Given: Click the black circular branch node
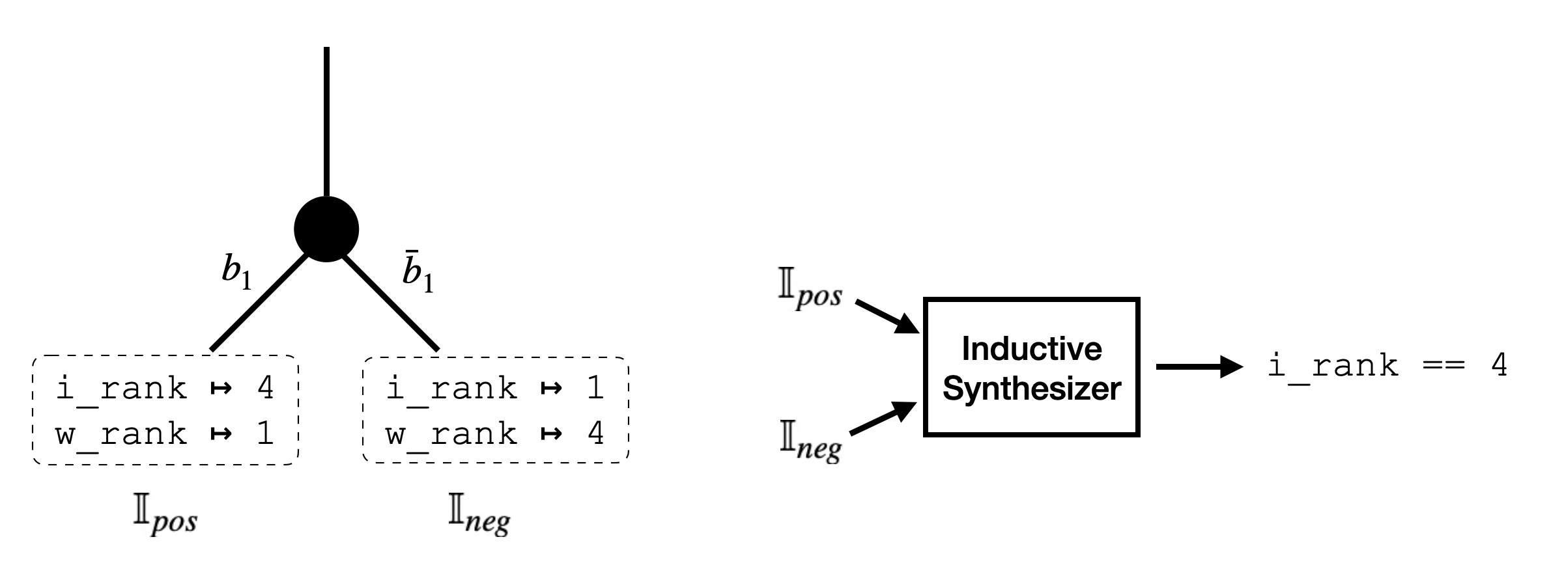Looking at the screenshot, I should [x=326, y=229].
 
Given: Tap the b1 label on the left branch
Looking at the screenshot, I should [x=236, y=275].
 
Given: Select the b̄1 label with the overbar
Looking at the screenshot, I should [x=418, y=275].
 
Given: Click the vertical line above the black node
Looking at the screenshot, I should [x=326, y=124].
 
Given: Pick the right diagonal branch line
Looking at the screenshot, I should [x=391, y=303].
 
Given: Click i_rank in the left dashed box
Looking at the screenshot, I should [x=122, y=389].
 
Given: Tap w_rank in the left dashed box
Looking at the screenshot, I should [x=122, y=433].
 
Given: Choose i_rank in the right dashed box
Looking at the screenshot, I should [x=451, y=389].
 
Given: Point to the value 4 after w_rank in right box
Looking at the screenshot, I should [x=595, y=433].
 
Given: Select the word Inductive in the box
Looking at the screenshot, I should [x=1032, y=350].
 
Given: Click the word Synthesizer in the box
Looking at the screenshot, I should [x=1032, y=389].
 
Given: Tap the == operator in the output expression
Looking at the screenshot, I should [x=1444, y=366].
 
